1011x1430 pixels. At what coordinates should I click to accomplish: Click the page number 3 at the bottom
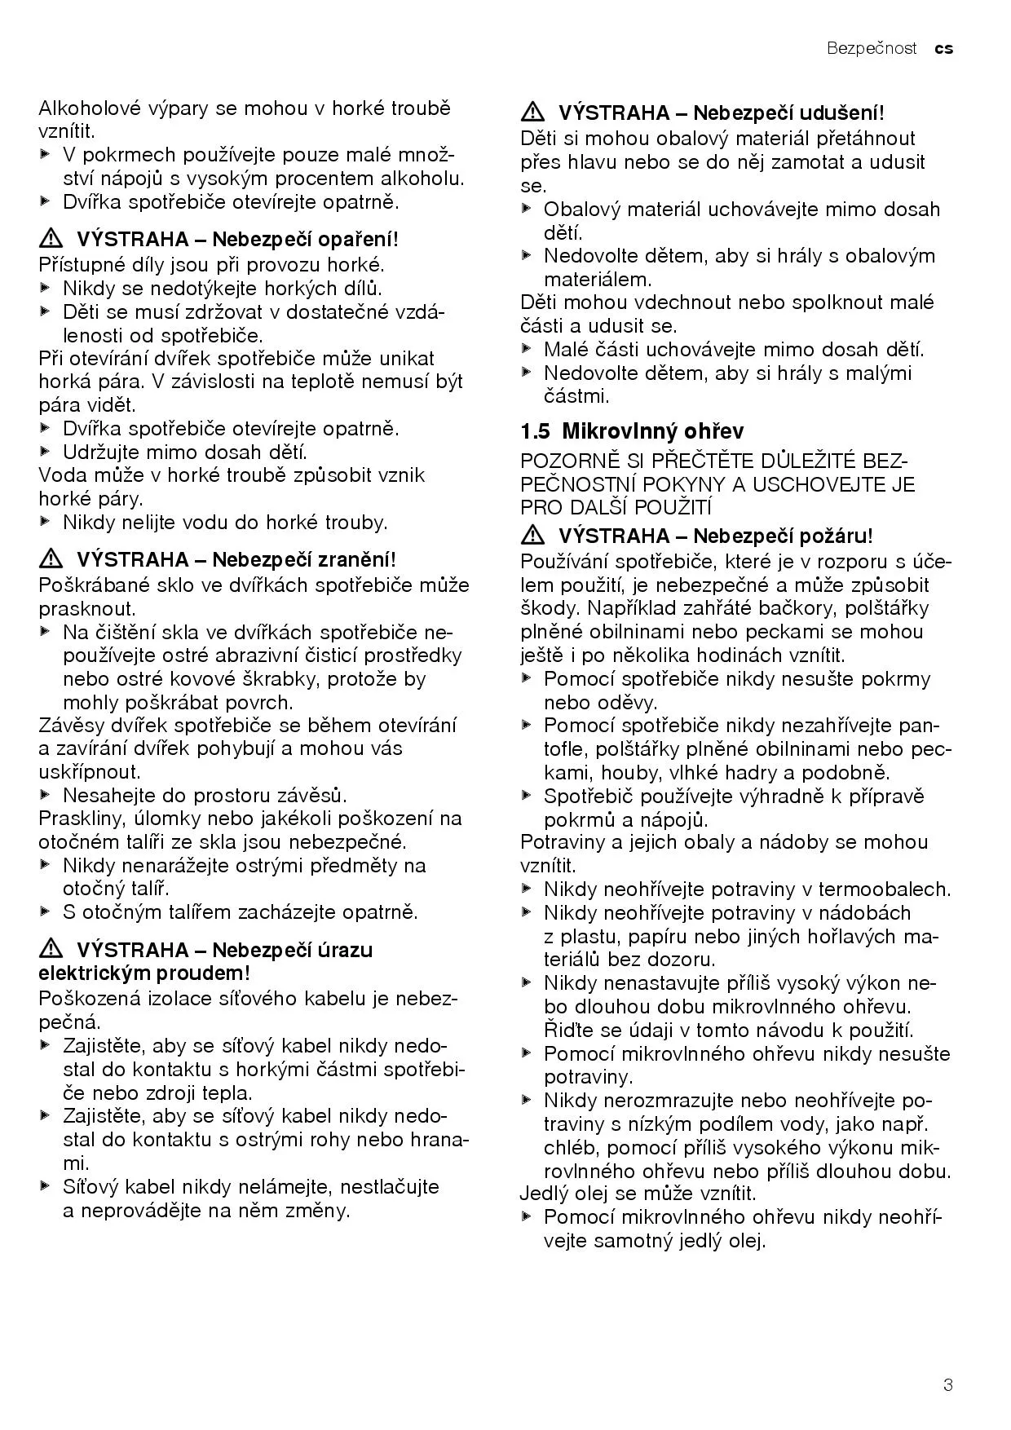pos(947,1384)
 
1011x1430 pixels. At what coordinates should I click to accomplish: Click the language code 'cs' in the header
pos(943,49)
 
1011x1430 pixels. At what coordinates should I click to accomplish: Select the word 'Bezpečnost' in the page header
pos(872,49)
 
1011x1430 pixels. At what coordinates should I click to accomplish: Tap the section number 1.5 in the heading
pos(536,431)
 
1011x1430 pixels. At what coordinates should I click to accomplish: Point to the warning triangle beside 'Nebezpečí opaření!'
pos(51,240)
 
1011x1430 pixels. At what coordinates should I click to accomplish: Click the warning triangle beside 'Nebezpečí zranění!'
pos(51,560)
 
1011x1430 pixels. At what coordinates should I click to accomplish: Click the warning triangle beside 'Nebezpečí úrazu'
pos(51,950)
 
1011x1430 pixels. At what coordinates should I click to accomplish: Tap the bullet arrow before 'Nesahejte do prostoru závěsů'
pos(45,795)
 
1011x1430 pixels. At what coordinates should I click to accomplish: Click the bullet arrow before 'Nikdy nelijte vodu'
pos(45,522)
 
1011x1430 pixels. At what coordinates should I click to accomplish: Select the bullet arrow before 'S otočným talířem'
pos(45,911)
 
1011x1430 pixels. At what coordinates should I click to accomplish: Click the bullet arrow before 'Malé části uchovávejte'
pos(527,350)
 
